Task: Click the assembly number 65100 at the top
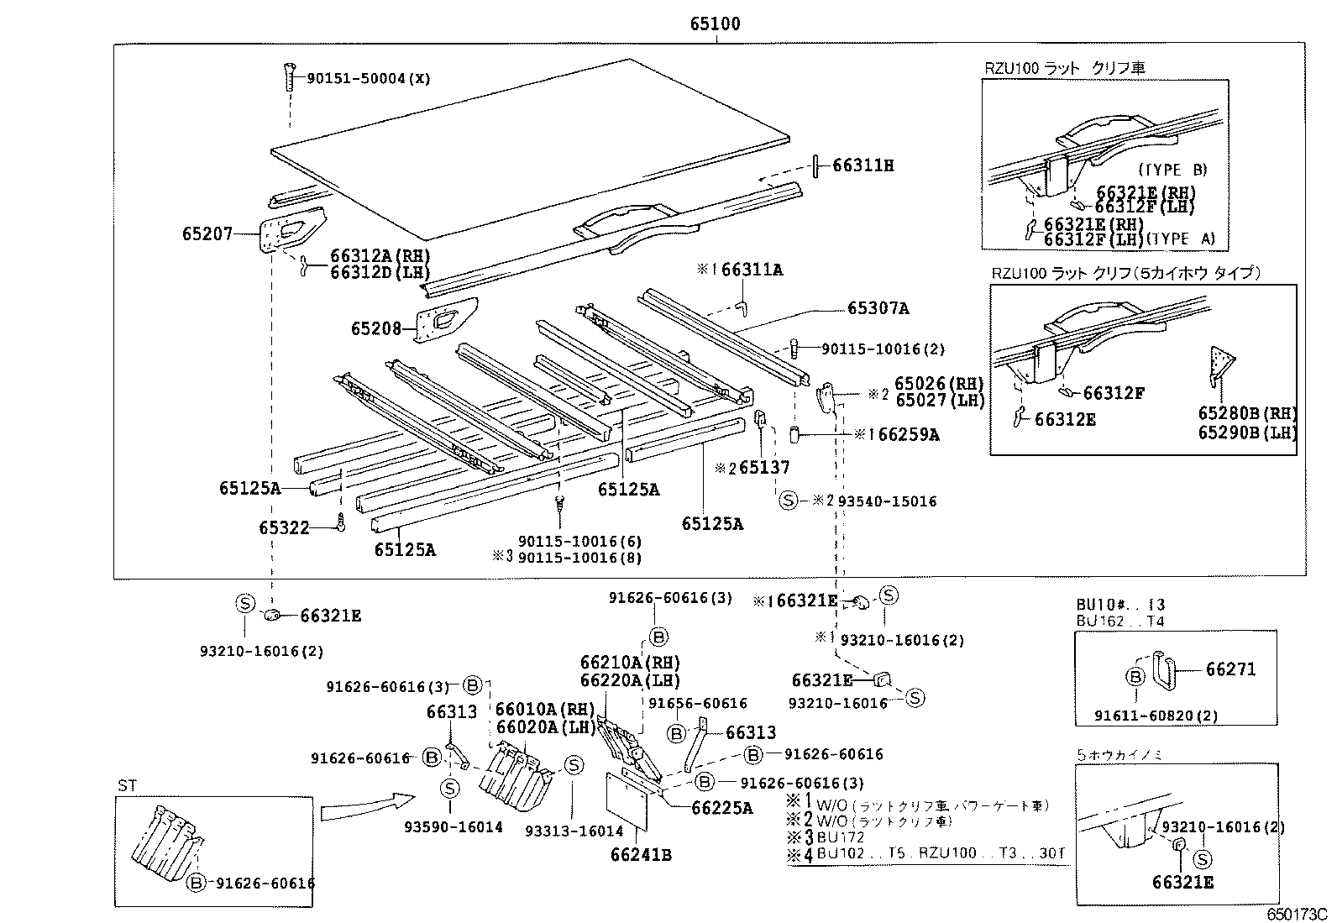click(715, 24)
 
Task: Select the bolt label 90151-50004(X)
click(368, 78)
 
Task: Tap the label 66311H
click(862, 166)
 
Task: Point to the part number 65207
click(207, 234)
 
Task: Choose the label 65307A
click(878, 309)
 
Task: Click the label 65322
click(284, 528)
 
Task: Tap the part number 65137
click(764, 468)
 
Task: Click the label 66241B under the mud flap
click(642, 856)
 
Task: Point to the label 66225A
click(721, 808)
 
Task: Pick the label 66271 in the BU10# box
click(1230, 669)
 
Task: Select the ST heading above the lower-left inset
click(127, 785)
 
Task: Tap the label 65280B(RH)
click(1246, 413)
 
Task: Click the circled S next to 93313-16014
click(573, 765)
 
